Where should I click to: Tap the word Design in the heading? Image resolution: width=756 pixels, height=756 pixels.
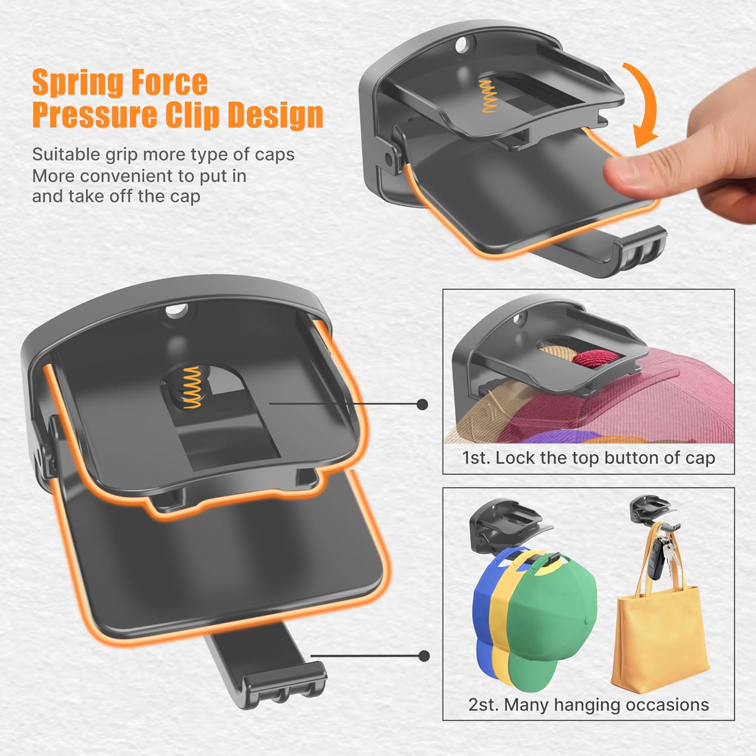coord(276,115)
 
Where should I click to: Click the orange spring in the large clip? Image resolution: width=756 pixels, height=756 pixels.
coord(192,387)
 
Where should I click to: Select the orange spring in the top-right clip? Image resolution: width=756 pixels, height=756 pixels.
coord(487,96)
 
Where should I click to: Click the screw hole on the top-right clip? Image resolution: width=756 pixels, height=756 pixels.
coord(461,46)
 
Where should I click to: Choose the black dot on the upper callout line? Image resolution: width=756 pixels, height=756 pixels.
coord(423,404)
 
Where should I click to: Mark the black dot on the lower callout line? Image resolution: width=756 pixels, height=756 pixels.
coord(424,656)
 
